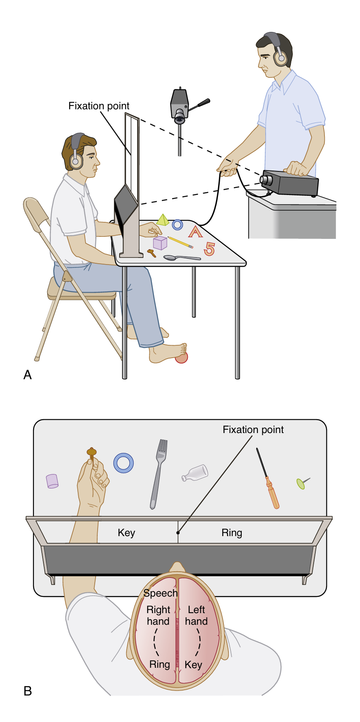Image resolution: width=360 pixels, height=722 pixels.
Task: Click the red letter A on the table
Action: (x=195, y=231)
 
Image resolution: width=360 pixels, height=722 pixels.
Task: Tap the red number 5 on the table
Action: (x=209, y=249)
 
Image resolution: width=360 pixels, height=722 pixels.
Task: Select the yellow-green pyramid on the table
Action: (x=163, y=220)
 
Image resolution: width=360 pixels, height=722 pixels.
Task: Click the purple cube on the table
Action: (x=160, y=243)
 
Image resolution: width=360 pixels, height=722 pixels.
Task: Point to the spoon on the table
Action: (x=181, y=258)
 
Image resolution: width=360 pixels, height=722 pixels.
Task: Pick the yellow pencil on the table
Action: (x=180, y=242)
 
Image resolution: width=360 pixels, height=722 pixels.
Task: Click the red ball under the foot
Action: (x=182, y=357)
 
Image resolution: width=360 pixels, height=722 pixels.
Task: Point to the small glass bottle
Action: (x=195, y=472)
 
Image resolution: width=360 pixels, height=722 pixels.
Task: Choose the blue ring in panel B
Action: (x=124, y=462)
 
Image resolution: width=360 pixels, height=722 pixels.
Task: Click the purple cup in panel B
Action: (x=52, y=481)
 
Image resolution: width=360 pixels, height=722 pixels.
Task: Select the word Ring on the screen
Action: (x=232, y=533)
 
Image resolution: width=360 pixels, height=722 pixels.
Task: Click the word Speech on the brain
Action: (x=161, y=593)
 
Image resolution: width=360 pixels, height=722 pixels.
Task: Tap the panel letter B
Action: (x=28, y=691)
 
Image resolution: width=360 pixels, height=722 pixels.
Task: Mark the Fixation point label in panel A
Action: (x=99, y=106)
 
